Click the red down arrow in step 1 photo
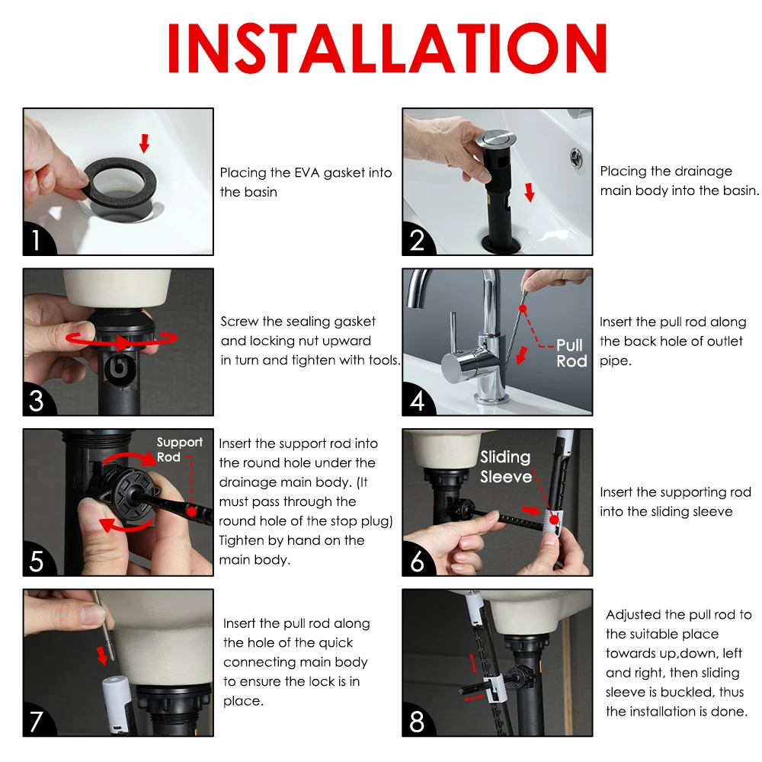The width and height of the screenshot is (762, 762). point(144,143)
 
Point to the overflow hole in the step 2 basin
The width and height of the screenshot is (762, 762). point(576,158)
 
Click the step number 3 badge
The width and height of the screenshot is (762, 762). point(37,401)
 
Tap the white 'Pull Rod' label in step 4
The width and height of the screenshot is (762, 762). point(571,354)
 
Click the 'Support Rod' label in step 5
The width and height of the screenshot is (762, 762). point(179,450)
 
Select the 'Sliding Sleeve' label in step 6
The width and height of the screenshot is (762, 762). point(505,466)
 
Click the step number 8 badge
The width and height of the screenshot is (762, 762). point(417,722)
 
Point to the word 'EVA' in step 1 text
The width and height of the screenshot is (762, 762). point(307,173)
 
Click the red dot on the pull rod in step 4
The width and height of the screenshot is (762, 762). point(523,309)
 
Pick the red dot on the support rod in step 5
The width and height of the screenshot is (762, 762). point(192,512)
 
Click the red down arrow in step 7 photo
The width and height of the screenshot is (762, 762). point(101,655)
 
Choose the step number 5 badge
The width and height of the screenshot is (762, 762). point(37,562)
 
